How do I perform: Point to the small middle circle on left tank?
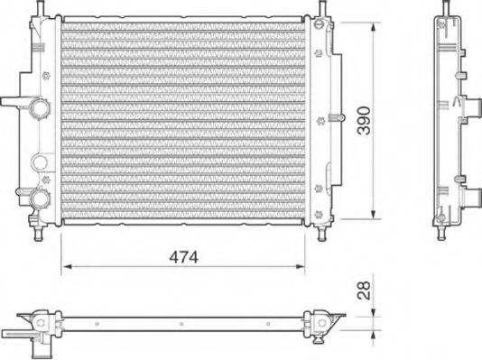38,163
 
